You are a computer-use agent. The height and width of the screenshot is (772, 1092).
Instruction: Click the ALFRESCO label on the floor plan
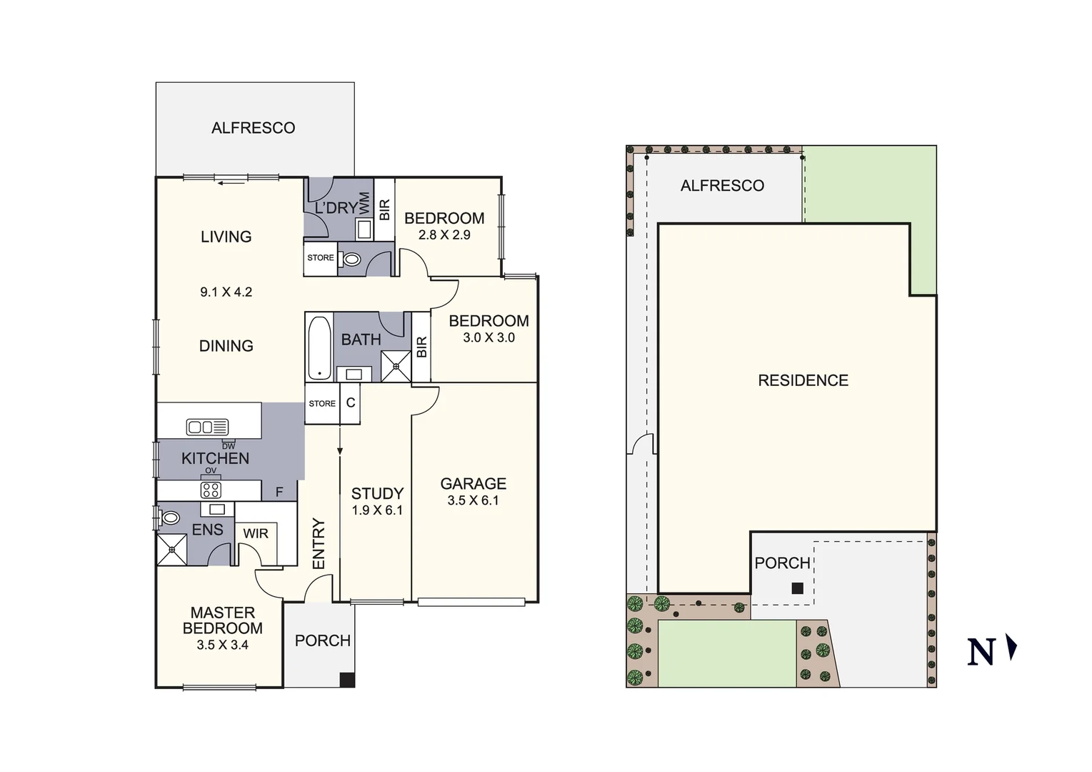click(x=253, y=128)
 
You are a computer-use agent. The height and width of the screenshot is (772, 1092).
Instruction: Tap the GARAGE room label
click(x=473, y=484)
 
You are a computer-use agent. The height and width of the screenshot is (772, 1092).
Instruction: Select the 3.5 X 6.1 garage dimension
click(x=473, y=500)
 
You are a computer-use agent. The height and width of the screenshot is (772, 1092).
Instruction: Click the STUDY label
click(x=377, y=493)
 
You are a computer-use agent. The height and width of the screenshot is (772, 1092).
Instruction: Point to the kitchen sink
click(x=207, y=427)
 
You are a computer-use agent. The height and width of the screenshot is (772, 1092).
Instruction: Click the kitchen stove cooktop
click(x=211, y=490)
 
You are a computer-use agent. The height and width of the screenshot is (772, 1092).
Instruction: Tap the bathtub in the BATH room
click(x=319, y=348)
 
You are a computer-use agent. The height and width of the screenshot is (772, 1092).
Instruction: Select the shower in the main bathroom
click(x=396, y=366)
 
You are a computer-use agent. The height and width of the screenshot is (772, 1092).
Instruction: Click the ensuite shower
click(x=172, y=549)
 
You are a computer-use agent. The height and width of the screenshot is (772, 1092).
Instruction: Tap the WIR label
click(x=256, y=533)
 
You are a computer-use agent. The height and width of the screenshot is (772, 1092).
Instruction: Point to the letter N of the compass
click(x=981, y=652)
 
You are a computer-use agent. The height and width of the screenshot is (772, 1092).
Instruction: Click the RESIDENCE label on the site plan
click(x=803, y=380)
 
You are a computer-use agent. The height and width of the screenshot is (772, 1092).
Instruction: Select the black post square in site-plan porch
click(x=798, y=588)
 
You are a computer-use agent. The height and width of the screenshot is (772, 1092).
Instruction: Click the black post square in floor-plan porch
click(x=346, y=680)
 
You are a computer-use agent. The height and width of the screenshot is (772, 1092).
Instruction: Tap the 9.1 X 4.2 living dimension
click(x=226, y=292)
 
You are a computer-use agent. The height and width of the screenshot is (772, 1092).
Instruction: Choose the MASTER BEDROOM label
click(x=222, y=620)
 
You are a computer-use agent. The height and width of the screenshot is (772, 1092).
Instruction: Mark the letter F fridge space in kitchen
click(x=279, y=492)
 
